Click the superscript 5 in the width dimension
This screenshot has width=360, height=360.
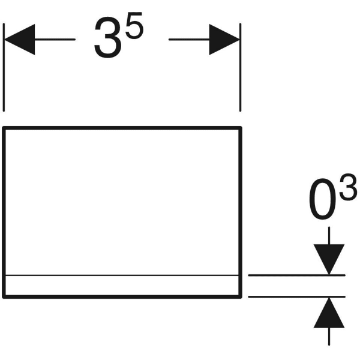pos(134,25)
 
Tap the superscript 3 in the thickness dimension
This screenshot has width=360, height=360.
pos(348,187)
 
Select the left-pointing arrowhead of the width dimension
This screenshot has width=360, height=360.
pos(20,40)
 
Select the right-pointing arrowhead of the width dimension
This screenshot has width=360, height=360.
pos(224,40)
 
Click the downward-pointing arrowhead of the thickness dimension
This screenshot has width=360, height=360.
pos(329,259)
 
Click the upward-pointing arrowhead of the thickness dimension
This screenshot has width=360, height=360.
pos(329,313)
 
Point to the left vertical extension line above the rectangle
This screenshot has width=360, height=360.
pos(4,67)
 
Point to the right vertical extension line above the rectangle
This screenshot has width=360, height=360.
pos(240,67)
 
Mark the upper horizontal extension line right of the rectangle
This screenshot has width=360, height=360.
pos(296,275)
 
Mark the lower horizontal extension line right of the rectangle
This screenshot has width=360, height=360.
pos(296,297)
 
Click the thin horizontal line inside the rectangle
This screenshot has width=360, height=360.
pos(122,275)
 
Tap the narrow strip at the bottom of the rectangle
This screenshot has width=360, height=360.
pos(122,285)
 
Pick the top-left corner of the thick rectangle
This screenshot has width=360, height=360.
pos(4,128)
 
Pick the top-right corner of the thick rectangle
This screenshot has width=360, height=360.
pos(241,128)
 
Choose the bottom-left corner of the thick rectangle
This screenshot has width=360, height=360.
pos(4,297)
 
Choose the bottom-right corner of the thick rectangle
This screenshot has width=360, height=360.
pos(241,297)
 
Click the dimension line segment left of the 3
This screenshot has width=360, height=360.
pos(55,40)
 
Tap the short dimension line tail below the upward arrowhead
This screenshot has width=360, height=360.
pos(329,337)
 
